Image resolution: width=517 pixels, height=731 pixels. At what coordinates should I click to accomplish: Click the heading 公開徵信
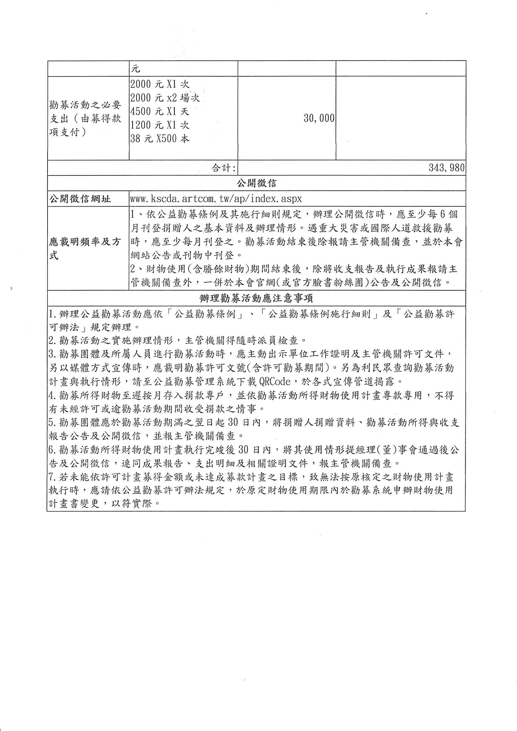(256, 183)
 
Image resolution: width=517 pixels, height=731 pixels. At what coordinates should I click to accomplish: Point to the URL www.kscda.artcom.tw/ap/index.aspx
(216, 199)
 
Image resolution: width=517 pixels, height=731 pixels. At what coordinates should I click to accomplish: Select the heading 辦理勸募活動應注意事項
(256, 298)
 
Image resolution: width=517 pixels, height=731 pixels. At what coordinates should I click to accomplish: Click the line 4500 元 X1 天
(160, 111)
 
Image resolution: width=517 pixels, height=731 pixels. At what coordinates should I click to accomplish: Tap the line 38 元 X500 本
(160, 139)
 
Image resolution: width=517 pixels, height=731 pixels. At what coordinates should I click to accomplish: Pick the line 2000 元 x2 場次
(165, 98)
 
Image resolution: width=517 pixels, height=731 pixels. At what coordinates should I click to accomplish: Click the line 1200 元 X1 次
(160, 125)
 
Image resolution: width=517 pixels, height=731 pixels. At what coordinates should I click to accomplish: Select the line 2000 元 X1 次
(160, 84)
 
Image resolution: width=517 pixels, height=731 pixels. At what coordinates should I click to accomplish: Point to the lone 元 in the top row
(136, 69)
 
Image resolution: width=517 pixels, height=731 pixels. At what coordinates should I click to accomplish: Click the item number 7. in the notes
(53, 477)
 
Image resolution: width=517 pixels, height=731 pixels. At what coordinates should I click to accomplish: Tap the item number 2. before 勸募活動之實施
(53, 341)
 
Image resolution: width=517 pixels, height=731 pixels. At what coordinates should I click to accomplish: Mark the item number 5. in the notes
(53, 422)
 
